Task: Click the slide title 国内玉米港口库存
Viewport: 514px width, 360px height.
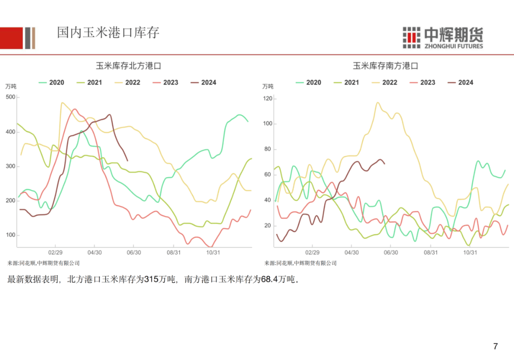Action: tap(108, 33)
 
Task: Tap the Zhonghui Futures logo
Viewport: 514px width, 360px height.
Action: tap(443, 38)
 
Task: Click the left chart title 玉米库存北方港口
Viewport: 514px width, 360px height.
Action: tap(128, 66)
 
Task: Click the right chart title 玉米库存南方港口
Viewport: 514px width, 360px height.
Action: tap(385, 66)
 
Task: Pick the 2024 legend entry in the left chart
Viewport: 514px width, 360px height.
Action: tap(203, 82)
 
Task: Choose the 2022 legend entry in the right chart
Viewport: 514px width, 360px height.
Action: tap(384, 82)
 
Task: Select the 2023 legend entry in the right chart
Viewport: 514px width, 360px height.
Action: tap(422, 82)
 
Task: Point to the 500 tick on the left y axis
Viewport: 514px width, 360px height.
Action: tap(10, 97)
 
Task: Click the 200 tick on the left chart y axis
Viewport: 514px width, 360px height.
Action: tap(10, 200)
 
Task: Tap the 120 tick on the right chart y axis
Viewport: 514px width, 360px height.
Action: tap(267, 99)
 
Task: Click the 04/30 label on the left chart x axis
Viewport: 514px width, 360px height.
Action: tap(95, 252)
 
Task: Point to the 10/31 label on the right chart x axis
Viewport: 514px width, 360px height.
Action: tap(470, 252)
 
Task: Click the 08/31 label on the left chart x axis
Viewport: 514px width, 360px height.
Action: tap(174, 252)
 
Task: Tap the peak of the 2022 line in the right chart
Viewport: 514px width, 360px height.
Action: tap(378, 102)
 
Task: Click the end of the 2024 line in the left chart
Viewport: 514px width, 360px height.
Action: tap(127, 160)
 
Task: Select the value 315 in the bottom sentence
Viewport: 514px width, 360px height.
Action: tap(150, 280)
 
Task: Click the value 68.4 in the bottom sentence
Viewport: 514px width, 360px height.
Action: tap(269, 280)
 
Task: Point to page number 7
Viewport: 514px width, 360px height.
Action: tap(495, 346)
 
